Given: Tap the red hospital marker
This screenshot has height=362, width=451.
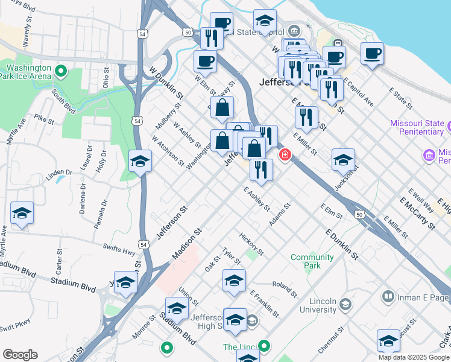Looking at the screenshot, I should (285, 156).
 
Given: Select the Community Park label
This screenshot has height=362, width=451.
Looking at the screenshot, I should (312, 261).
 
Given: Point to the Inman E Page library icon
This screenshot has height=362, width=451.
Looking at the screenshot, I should (388, 296).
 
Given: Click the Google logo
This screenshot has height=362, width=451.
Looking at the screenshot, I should (20, 355).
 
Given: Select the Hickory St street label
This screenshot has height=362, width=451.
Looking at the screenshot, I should (251, 243).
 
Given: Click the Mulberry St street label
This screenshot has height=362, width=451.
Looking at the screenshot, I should (168, 116).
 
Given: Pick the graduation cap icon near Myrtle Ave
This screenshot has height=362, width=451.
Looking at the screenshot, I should (22, 214).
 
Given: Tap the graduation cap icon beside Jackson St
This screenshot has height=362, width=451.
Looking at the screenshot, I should (343, 160).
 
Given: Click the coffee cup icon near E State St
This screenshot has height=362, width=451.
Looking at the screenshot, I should (372, 53).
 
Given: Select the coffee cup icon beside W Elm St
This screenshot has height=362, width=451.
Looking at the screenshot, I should (205, 61).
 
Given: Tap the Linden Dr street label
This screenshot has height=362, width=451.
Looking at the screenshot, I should (59, 173).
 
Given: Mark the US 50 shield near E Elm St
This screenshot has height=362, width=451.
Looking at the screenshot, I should (359, 214).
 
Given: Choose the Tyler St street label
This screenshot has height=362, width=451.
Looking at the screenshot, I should (231, 256).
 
